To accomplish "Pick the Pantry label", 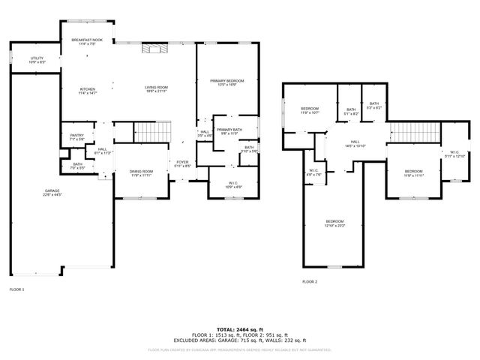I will [x=76, y=136].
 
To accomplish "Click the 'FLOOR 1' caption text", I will [x=16, y=289].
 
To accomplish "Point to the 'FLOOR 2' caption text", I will [x=310, y=282].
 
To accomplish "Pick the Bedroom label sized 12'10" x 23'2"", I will [x=334, y=223].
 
